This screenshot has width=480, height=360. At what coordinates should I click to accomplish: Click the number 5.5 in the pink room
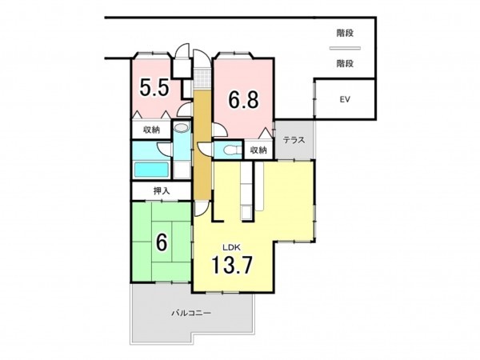154,88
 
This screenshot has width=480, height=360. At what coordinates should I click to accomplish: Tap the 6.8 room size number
242,100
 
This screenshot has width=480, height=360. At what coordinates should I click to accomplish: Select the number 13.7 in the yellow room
238,265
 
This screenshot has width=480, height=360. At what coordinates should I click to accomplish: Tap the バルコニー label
191,314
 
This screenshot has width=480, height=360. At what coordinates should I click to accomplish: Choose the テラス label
294,140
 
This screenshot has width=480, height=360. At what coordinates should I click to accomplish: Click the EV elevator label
345,100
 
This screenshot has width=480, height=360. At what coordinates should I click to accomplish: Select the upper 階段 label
346,34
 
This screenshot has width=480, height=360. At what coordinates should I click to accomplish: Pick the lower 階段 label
346,62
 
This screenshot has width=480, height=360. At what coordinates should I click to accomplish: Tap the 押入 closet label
162,191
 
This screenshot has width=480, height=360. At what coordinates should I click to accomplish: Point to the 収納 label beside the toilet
258,150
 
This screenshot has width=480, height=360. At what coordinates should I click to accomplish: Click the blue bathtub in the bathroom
150,169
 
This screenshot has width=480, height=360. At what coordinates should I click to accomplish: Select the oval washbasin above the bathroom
182,128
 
